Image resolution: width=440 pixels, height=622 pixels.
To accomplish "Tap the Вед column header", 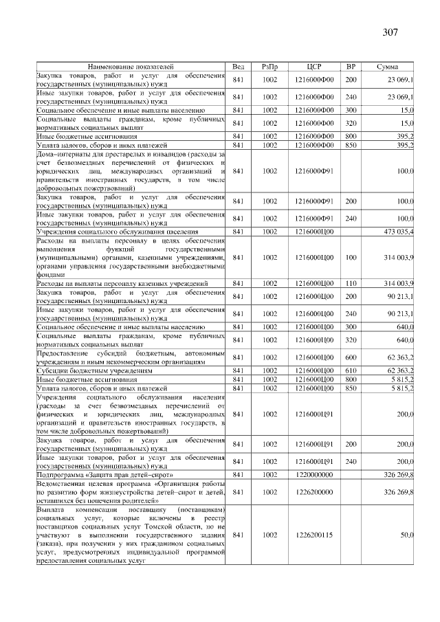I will point(239,66).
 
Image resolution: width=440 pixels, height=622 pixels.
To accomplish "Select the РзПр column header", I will point(269,66).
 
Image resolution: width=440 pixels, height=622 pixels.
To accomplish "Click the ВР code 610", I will point(351,370).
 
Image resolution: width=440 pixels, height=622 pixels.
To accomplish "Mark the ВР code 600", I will point(351,357).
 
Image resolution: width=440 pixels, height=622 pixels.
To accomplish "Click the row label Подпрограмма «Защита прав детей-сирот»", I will point(104,474).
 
